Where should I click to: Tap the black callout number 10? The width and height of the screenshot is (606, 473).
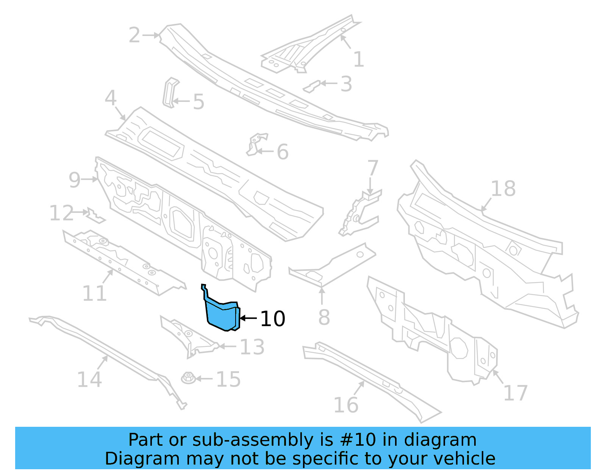[273, 319]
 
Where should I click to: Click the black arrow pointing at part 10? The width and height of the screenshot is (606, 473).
[248, 318]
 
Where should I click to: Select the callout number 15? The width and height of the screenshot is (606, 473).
[228, 379]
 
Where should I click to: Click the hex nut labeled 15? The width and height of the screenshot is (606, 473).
[188, 378]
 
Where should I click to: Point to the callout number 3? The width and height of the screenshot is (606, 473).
[346, 84]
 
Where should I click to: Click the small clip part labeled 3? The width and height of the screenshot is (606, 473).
[311, 87]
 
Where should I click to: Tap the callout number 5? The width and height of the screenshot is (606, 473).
[198, 102]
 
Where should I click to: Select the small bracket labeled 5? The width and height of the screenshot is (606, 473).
[170, 92]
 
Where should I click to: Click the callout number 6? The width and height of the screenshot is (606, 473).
[283, 152]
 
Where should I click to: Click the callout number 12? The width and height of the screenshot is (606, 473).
[62, 213]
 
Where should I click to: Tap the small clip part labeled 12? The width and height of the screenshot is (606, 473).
[95, 215]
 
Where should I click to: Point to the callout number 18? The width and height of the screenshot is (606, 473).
[503, 189]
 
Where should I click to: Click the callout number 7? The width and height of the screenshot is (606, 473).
[373, 168]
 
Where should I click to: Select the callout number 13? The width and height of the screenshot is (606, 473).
[252, 347]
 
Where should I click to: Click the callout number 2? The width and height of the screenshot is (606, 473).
[134, 35]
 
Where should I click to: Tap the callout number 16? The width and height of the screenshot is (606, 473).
[346, 405]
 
